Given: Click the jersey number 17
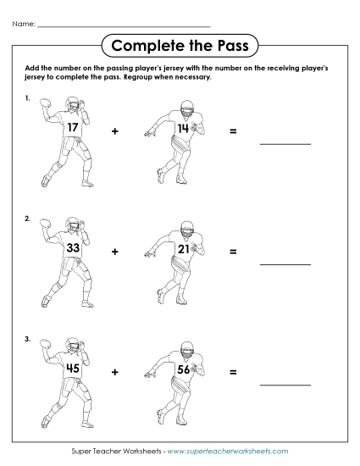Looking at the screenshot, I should (75, 129).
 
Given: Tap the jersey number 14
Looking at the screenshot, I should (182, 129).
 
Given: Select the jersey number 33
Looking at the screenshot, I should (74, 249).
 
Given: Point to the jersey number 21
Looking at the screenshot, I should (182, 249).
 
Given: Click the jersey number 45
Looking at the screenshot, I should (75, 369).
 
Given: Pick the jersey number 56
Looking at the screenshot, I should (183, 369).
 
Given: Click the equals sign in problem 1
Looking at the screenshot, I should (232, 132).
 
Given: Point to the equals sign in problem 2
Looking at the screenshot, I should (232, 252).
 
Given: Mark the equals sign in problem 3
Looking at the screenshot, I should (232, 372).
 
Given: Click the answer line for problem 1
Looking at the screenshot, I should (285, 143).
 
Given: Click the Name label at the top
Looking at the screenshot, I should (24, 24).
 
